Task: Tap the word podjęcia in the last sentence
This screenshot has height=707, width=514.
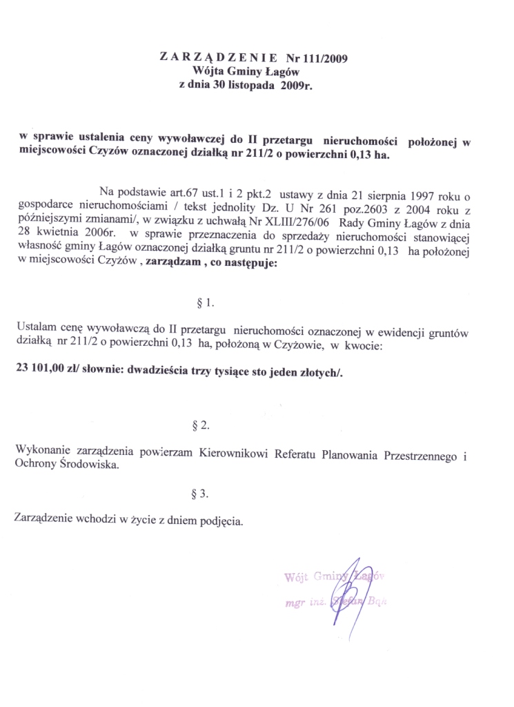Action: click(221, 519)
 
